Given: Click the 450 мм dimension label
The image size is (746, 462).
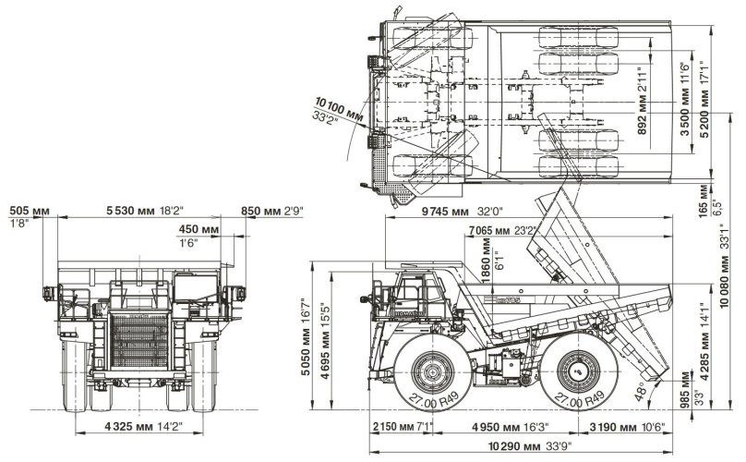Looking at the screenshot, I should pyautogui.click(x=198, y=229).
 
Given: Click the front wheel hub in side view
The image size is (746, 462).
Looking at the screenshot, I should pyautogui.click(x=430, y=374).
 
